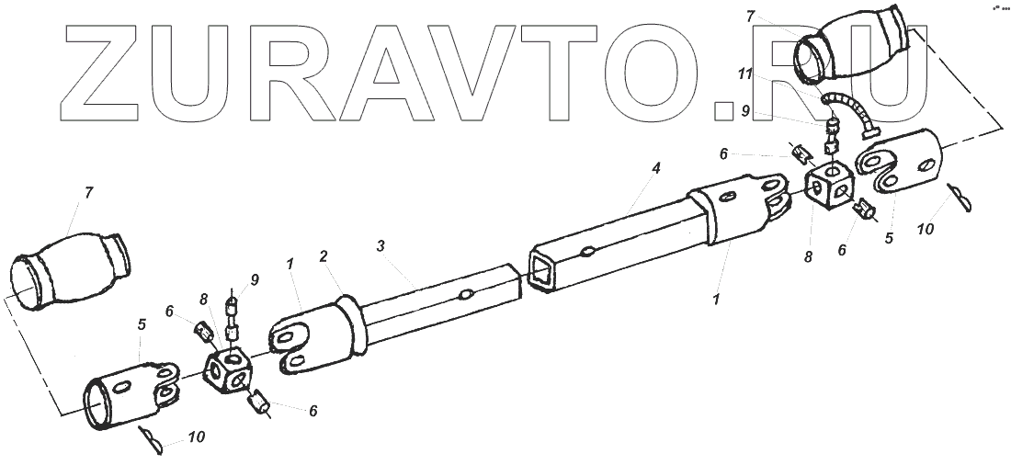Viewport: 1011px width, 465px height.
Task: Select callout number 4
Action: tap(655, 169)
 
